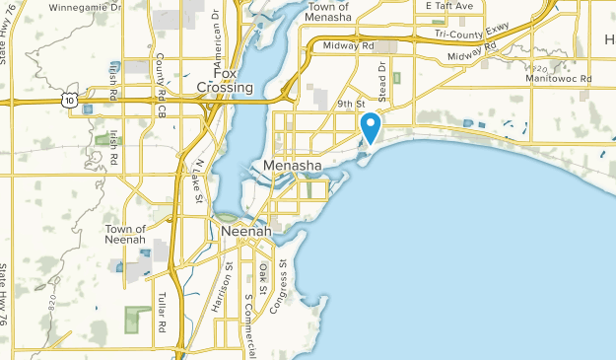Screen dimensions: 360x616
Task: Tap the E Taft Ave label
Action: click(449, 6)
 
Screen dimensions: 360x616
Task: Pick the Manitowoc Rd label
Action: click(558, 77)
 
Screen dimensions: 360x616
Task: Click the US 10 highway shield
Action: click(66, 100)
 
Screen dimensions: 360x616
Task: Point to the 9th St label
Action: click(350, 103)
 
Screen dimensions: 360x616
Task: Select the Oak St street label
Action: click(262, 278)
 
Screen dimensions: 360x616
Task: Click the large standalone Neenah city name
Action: click(240, 231)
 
